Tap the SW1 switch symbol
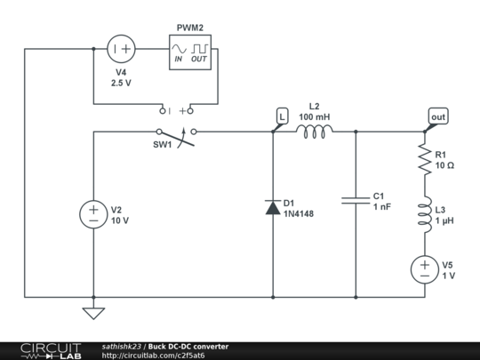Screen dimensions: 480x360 pos(176,137)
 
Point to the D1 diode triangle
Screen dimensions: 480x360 pos(273,207)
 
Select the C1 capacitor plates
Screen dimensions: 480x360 pos(356,201)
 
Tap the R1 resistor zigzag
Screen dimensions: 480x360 pos(425,159)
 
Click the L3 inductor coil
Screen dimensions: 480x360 pos(425,214)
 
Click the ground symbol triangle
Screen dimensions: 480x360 pos(93,314)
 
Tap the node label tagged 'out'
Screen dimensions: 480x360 pos(438,116)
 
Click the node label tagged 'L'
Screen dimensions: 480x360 pos(282,116)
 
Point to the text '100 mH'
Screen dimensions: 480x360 pos(315,117)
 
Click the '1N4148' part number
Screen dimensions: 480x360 pos(299,213)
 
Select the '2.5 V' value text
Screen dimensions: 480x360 pos(121,83)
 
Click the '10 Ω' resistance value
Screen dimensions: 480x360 pos(444,165)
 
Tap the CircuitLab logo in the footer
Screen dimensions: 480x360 pos(51,351)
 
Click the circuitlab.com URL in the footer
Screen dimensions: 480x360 pos(153,356)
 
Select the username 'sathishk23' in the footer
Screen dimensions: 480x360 pos(122,347)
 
